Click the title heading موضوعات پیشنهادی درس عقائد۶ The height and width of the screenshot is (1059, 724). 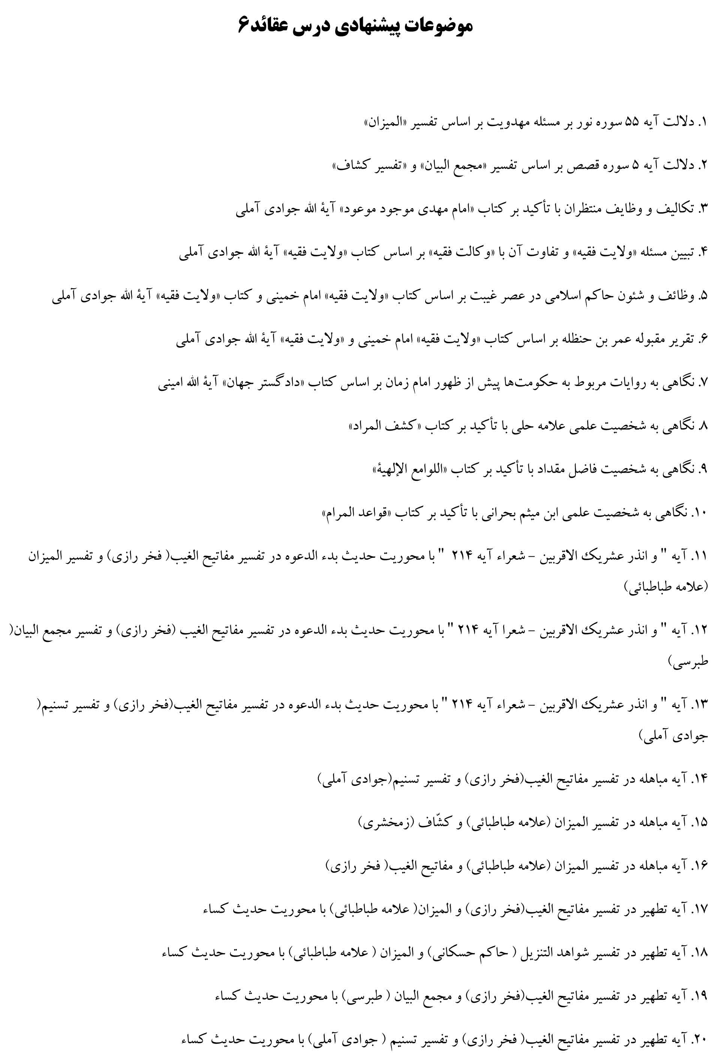point(355,26)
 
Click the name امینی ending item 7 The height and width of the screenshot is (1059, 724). point(170,383)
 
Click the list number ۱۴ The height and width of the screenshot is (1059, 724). point(699,779)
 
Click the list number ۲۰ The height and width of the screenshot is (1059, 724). point(699,1040)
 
